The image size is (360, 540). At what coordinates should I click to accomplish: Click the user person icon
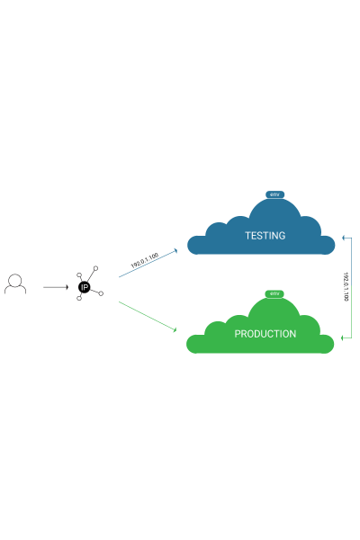(15, 284)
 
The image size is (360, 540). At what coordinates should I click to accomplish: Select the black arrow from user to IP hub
(56, 287)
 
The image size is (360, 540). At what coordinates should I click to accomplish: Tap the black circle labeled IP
(84, 287)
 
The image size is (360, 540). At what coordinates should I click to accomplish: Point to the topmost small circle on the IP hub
(95, 268)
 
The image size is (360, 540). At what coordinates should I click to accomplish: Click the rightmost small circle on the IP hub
(101, 293)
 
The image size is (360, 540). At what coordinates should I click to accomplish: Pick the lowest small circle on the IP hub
(79, 298)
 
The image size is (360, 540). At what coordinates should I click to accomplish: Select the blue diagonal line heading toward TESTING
(148, 264)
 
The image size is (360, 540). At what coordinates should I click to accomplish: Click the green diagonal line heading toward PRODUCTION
(148, 317)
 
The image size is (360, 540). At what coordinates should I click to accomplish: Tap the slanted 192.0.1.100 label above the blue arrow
(145, 260)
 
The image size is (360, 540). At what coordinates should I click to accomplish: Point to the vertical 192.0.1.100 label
(346, 286)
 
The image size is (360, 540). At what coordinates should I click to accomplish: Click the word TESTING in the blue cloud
(265, 236)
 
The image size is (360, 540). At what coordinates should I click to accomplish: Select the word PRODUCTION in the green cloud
(265, 334)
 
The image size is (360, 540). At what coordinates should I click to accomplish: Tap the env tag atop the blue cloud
(274, 194)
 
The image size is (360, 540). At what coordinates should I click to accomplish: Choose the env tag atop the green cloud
(274, 293)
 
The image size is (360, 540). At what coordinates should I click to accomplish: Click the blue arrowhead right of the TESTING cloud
(344, 238)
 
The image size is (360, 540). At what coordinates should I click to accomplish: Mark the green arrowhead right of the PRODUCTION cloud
(343, 337)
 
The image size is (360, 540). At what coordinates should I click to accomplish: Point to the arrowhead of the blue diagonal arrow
(175, 250)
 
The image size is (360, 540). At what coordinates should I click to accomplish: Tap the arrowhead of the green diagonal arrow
(175, 330)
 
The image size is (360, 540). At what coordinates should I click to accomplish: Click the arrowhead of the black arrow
(67, 287)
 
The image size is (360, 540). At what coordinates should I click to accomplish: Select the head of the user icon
(15, 280)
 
